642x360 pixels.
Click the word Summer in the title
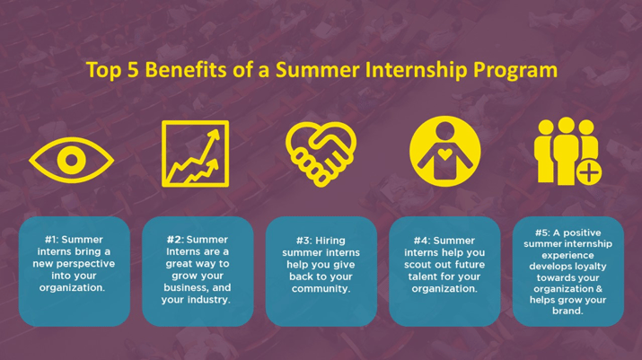click(317, 69)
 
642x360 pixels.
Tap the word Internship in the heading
click(416, 70)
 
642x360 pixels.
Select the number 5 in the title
click(133, 70)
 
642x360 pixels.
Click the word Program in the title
click(515, 71)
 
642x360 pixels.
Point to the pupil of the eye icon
click(72, 160)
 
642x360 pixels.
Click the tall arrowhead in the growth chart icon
click(215, 136)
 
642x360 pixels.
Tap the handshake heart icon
click(321, 154)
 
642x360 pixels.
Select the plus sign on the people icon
click(589, 172)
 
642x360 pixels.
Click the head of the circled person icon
click(444, 131)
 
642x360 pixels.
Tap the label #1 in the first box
click(51, 240)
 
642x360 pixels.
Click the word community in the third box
click(321, 289)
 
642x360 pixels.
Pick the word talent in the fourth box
click(423, 277)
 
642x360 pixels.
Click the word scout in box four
click(418, 265)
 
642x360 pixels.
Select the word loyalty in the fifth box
click(591, 267)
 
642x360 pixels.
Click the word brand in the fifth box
click(567, 311)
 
